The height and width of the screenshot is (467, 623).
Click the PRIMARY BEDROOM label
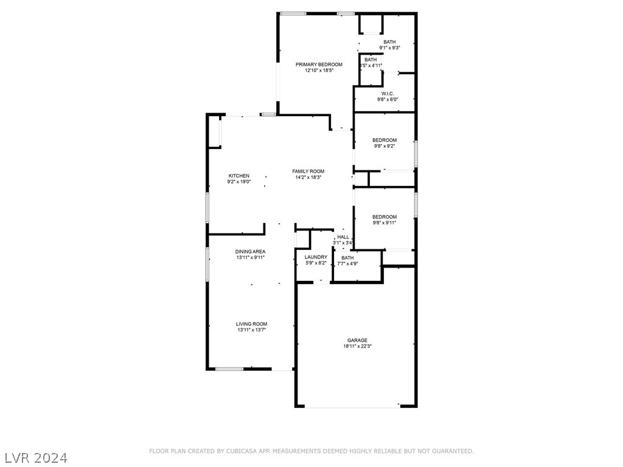pyautogui.click(x=319, y=64)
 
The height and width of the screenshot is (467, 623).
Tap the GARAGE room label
pyautogui.click(x=357, y=341)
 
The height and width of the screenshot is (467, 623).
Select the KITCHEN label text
pyautogui.click(x=238, y=176)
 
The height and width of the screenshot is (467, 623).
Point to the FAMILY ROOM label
pyautogui.click(x=308, y=171)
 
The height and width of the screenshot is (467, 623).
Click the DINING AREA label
pyautogui.click(x=250, y=252)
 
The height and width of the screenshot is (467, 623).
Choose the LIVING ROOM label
pyautogui.click(x=251, y=324)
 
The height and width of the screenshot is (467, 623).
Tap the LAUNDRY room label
pyautogui.click(x=316, y=257)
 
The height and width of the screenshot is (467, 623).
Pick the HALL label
pyautogui.click(x=343, y=237)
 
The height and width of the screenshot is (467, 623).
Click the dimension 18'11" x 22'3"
pyautogui.click(x=357, y=347)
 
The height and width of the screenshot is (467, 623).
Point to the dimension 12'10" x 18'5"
pyautogui.click(x=319, y=71)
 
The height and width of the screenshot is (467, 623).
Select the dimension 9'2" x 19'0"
pyautogui.click(x=238, y=182)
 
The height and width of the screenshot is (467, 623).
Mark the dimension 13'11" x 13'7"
pyautogui.click(x=251, y=330)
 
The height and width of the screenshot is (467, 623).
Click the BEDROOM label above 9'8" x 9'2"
pyautogui.click(x=385, y=140)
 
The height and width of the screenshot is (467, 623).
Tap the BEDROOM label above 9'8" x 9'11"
pyautogui.click(x=385, y=217)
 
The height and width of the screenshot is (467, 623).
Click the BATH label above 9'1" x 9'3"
pyautogui.click(x=389, y=42)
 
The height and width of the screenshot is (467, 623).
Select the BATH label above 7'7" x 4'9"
pyautogui.click(x=347, y=258)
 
